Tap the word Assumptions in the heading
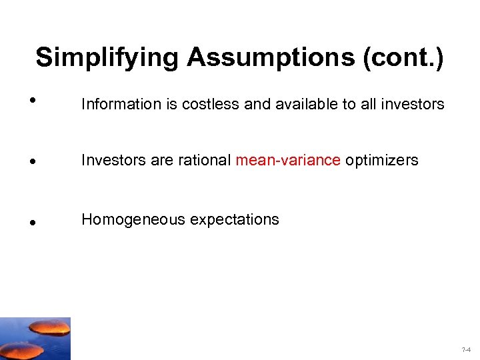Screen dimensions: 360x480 pos(271,57)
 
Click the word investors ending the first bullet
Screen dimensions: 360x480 pos(413,104)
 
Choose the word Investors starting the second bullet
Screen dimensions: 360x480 pos(111,160)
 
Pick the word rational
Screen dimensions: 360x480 pos(205,160)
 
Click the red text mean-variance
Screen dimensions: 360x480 pos(288,160)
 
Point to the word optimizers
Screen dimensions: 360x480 pos(381,160)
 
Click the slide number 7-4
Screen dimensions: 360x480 pos(465,349)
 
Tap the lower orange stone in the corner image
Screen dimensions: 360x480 pos(23,349)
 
